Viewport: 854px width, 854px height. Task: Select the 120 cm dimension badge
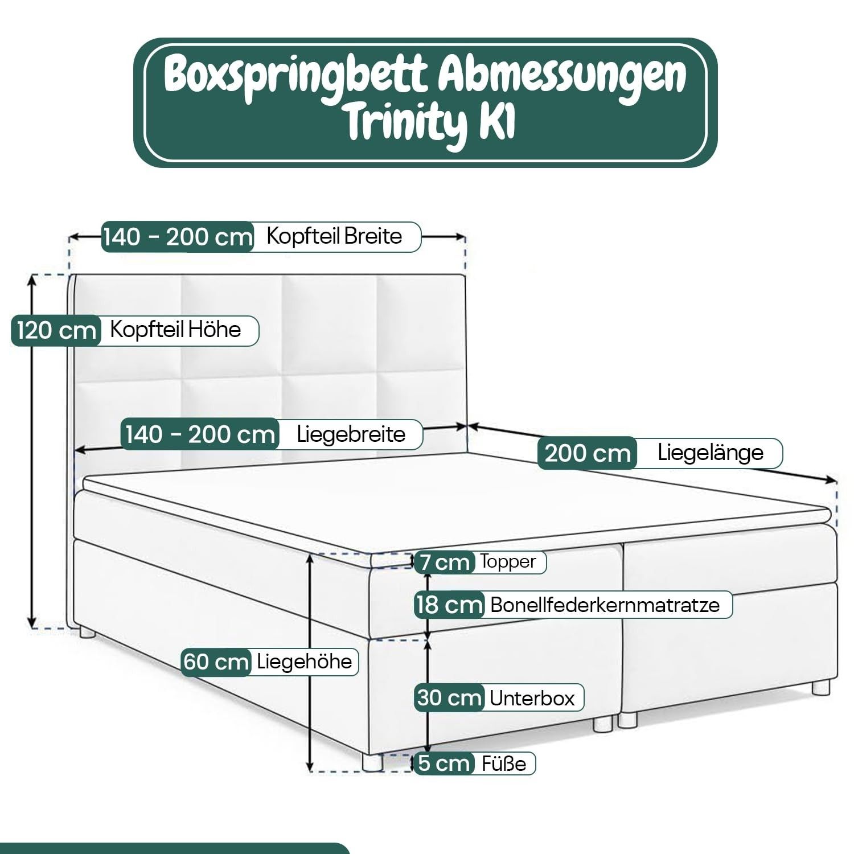pyautogui.click(x=56, y=330)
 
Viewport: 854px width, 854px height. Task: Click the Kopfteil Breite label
pyautogui.click(x=335, y=236)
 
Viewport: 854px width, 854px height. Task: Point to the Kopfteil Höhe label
pyautogui.click(x=175, y=329)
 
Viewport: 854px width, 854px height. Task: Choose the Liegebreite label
pyautogui.click(x=351, y=434)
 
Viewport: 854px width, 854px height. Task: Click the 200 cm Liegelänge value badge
pyautogui.click(x=588, y=453)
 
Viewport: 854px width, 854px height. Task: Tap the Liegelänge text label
pyautogui.click(x=711, y=453)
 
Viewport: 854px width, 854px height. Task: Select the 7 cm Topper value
pyautogui.click(x=445, y=562)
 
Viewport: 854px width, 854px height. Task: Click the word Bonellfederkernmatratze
pyautogui.click(x=605, y=605)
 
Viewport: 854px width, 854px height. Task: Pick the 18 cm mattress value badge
pyautogui.click(x=449, y=605)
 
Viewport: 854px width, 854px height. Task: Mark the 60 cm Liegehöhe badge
pyautogui.click(x=216, y=662)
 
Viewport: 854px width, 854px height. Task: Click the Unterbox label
pyautogui.click(x=532, y=698)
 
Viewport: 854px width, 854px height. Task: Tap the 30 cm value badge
pyautogui.click(x=449, y=698)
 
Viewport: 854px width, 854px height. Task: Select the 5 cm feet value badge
pyautogui.click(x=444, y=763)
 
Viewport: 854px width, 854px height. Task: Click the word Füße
pyautogui.click(x=504, y=763)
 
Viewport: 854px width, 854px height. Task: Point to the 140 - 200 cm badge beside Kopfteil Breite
pyautogui.click(x=178, y=236)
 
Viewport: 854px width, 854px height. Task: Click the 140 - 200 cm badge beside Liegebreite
pyautogui.click(x=200, y=434)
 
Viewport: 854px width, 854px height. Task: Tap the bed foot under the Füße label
pyautogui.click(x=373, y=762)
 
